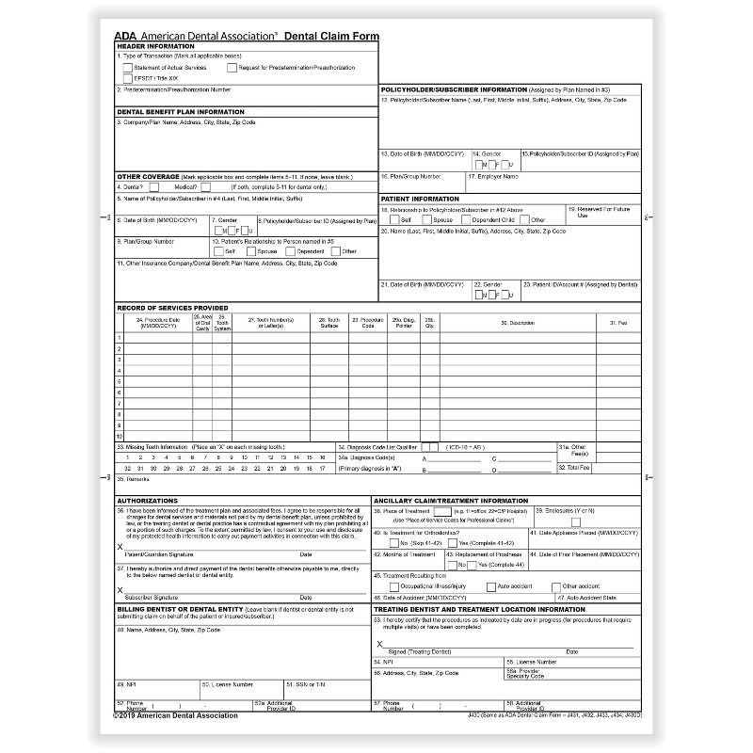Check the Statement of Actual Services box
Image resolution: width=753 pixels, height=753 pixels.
click(x=128, y=68)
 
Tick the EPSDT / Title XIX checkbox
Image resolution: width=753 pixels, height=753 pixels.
click(x=128, y=78)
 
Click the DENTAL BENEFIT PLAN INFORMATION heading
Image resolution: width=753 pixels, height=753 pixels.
click(x=180, y=111)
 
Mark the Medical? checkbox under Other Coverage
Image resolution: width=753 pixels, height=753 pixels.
click(x=205, y=186)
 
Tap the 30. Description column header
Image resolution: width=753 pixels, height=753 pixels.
click(x=502, y=323)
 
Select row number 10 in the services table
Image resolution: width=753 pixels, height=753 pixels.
click(x=120, y=437)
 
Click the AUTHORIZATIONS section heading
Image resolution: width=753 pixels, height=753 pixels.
click(x=146, y=500)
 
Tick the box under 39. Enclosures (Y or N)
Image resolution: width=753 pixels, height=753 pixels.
click(x=576, y=521)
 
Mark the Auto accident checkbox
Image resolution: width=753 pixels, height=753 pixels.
click(x=489, y=585)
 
